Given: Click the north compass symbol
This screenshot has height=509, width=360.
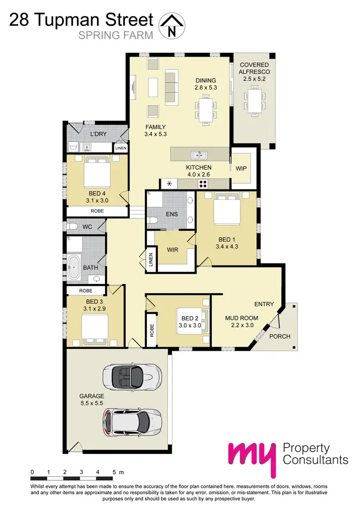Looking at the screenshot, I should coord(171,25).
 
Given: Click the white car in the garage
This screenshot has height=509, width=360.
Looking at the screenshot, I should coord(130,421).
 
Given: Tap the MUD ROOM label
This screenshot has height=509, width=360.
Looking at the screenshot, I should coord(241,318).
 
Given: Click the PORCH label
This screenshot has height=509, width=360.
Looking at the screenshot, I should coord(279,336).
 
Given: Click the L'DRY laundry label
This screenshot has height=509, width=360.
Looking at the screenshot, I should coord(97,135).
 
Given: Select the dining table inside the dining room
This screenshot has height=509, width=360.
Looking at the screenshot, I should coord(205,108).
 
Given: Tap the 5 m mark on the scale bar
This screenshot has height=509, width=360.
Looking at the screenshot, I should coord(114,472).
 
